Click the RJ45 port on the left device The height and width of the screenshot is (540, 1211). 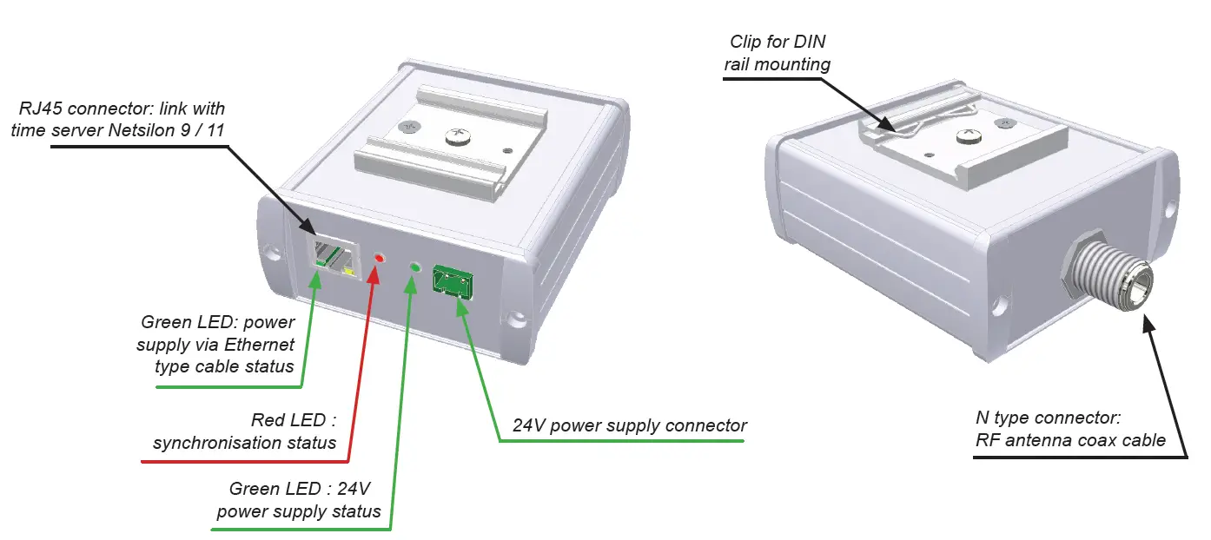click(x=332, y=258)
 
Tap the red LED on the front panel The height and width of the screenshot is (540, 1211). click(x=379, y=259)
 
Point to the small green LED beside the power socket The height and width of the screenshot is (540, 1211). click(x=415, y=267)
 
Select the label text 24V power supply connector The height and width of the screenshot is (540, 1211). click(x=630, y=425)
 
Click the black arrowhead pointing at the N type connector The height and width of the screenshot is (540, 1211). click(x=1148, y=326)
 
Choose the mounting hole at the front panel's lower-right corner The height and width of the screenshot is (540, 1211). click(x=518, y=322)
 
